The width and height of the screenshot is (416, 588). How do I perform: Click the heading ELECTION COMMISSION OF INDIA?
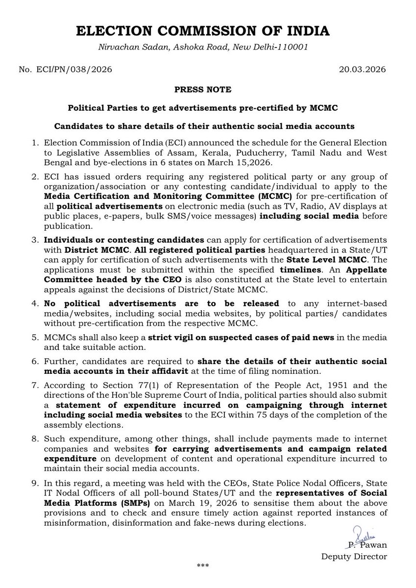click(208, 31)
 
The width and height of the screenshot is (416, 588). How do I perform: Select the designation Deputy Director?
click(354, 556)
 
